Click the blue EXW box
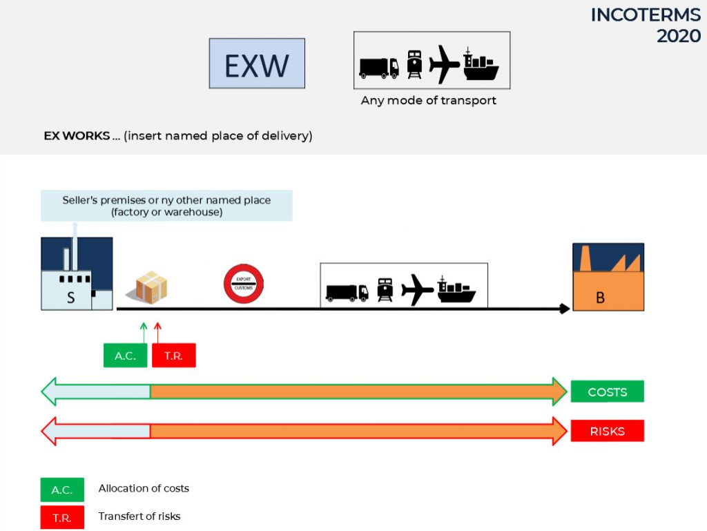pyautogui.click(x=257, y=63)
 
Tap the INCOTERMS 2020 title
pyautogui.click(x=646, y=26)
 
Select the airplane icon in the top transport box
pyautogui.click(x=444, y=64)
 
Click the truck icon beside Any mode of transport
pyautogui.click(x=379, y=68)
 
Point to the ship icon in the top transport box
pyautogui.click(x=481, y=64)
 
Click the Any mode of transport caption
pyautogui.click(x=428, y=100)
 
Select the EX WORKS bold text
pyautogui.click(x=77, y=135)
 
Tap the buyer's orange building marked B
pyautogui.click(x=608, y=277)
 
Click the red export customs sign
pyautogui.click(x=244, y=284)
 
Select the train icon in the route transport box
pyautogui.click(x=385, y=290)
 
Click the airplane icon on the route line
pyautogui.click(x=417, y=289)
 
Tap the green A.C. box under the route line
pyautogui.click(x=126, y=355)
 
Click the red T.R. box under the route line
pyautogui.click(x=173, y=355)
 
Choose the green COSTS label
pyautogui.click(x=608, y=392)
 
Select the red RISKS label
pyautogui.click(x=608, y=431)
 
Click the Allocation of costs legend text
pyautogui.click(x=144, y=488)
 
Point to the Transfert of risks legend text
pyautogui.click(x=139, y=516)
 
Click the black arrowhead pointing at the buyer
pyautogui.click(x=565, y=309)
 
